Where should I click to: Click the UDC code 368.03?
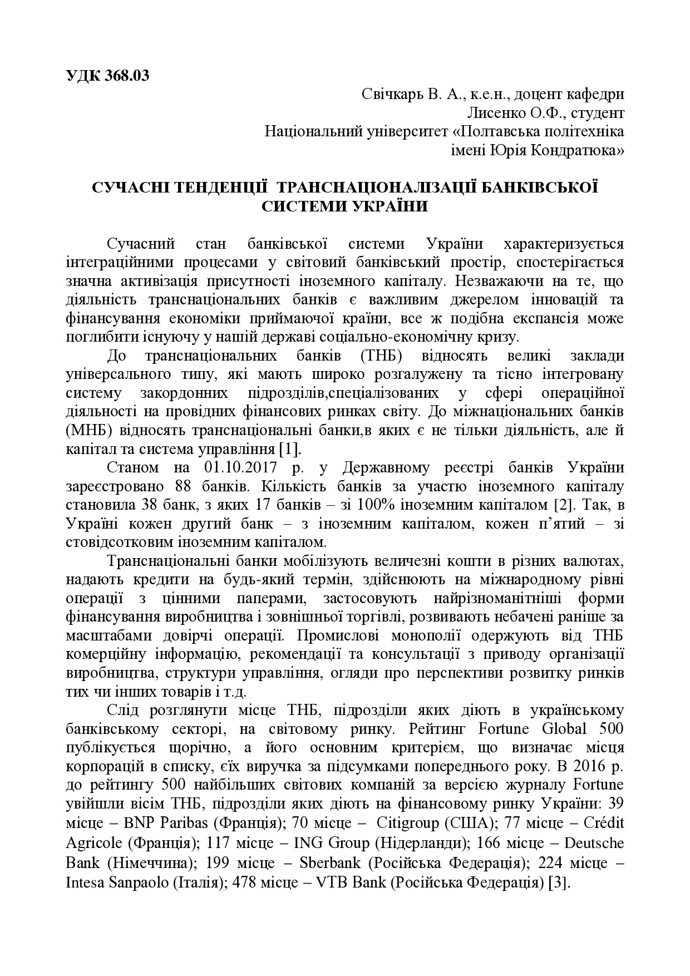point(127,76)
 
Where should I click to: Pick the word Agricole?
point(92,844)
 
